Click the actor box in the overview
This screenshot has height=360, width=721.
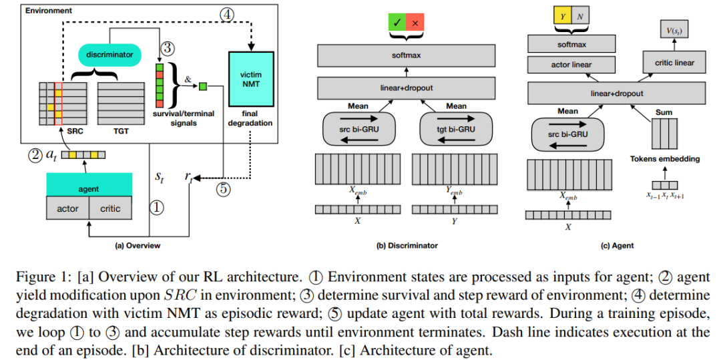[67, 208]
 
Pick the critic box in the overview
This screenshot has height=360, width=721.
[110, 208]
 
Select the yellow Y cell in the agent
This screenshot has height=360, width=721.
[554, 15]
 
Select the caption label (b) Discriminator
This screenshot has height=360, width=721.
[407, 246]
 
